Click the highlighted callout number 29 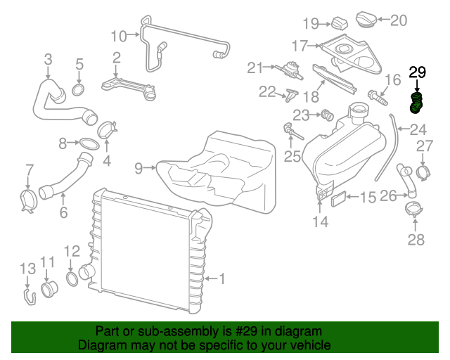coord(417,72)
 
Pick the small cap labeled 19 coord(340,22)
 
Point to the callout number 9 coord(139,167)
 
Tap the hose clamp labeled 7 coord(28,199)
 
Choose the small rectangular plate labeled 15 coord(337,199)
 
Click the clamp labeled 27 coord(424,170)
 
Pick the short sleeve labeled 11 coord(50,289)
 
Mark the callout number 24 coord(418,129)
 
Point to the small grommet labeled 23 coord(326,115)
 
